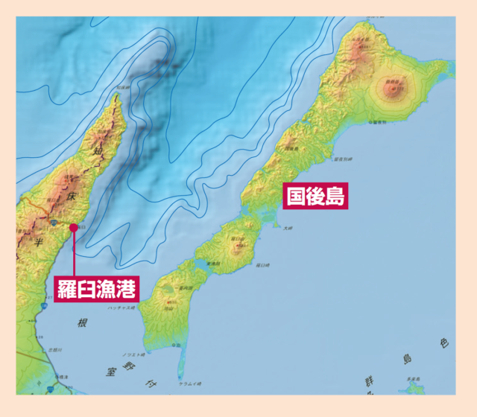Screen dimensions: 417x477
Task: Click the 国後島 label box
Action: pos(318,196)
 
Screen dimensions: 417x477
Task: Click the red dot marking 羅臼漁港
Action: pos(73,228)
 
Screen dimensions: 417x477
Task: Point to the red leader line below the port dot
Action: pos(74,253)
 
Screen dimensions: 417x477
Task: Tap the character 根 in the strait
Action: pos(83,323)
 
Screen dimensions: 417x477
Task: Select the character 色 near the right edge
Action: pos(443,343)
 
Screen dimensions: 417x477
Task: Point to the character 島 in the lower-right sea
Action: pos(408,360)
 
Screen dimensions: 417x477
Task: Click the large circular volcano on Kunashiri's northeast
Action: pos(392,89)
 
